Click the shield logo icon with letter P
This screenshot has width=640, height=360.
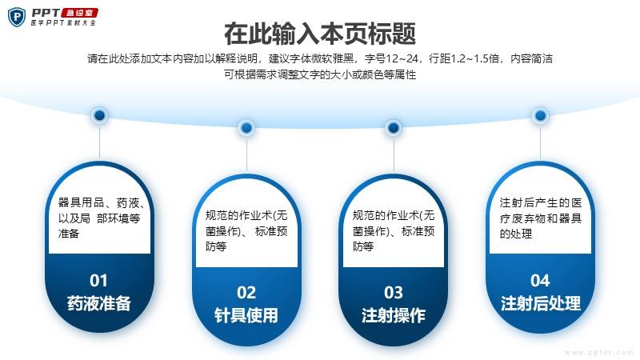click(17, 17)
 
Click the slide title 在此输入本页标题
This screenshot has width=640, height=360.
click(320, 34)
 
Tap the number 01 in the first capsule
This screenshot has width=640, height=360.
click(98, 281)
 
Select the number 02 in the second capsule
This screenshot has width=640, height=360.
click(246, 293)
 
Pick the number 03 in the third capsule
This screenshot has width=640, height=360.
click(394, 293)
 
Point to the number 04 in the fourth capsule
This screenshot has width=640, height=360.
click(540, 281)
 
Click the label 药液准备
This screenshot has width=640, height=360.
click(98, 303)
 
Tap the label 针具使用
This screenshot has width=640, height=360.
click(246, 315)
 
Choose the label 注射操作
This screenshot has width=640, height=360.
click(394, 315)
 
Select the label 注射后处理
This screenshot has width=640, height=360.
click(541, 303)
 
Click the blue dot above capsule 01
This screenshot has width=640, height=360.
click(99, 115)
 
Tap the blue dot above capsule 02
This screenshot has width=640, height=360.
click(246, 128)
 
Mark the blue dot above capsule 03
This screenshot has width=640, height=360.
click(394, 128)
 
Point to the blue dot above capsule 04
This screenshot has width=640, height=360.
click(541, 115)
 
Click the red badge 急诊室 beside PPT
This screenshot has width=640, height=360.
click(79, 13)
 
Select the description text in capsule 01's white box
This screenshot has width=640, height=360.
click(102, 218)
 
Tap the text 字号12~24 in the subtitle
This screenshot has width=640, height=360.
click(392, 58)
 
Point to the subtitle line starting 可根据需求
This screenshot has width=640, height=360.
click(320, 74)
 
